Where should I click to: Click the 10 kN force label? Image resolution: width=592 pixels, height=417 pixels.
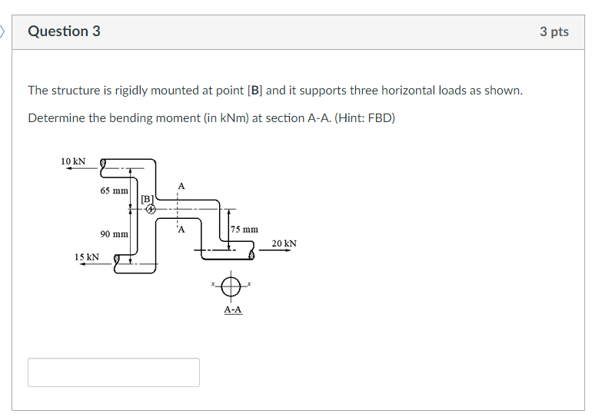(73, 161)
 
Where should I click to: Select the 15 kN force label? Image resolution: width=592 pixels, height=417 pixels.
(86, 256)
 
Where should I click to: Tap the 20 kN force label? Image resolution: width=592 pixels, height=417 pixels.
(284, 243)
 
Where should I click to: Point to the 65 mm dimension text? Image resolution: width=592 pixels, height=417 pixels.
(114, 190)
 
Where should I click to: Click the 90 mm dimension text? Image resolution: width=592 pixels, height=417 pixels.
(114, 233)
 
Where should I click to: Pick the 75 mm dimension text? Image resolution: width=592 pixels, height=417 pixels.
(245, 229)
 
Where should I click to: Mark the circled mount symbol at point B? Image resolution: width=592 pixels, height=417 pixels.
(151, 208)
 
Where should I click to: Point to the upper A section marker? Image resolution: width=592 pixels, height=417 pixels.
(181, 186)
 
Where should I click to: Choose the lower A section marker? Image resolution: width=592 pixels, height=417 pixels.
(181, 228)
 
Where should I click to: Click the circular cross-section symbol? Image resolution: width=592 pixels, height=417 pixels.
(231, 286)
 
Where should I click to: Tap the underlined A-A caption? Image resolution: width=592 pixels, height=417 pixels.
(232, 309)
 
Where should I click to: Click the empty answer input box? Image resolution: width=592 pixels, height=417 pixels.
(114, 372)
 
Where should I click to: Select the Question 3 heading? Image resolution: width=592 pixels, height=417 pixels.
(64, 31)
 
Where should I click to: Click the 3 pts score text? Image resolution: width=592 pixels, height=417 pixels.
(554, 31)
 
